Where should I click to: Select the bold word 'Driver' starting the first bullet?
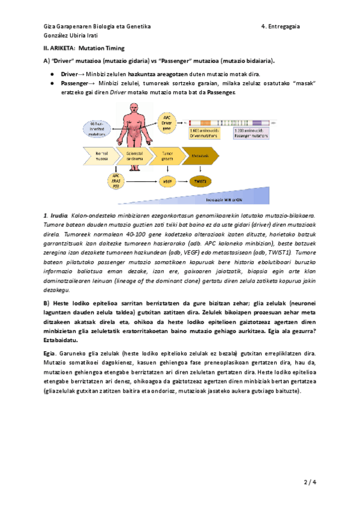coord(70,73)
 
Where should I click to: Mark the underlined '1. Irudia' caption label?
coord(55,215)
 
